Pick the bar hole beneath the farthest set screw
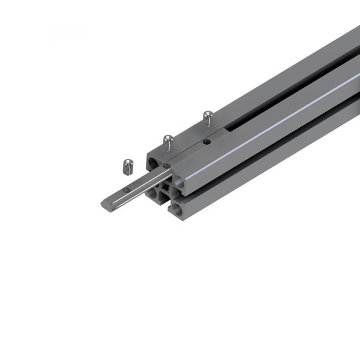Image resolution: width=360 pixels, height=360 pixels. coord(206,142)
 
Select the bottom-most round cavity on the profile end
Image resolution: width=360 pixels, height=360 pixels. coord(178,208)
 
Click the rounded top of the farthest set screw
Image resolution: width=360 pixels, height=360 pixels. coord(208,112)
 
